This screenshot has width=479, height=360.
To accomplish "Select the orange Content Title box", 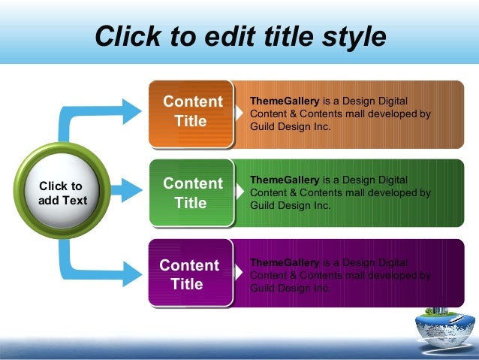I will pos(191,111).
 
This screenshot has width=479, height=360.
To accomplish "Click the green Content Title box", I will pos(191,193).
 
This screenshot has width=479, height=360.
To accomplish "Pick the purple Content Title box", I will pos(191,274).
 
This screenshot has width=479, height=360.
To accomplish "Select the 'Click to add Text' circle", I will pos(61,193).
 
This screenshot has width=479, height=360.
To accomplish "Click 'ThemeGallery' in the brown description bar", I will pos(285,101).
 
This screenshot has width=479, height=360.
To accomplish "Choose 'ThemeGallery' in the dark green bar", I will pos(285,180).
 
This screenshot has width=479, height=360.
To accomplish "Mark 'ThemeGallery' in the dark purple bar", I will pos(285,262).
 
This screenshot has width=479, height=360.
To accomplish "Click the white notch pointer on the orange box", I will pos(238,113).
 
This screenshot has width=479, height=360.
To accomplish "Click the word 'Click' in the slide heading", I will pos(127,35).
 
